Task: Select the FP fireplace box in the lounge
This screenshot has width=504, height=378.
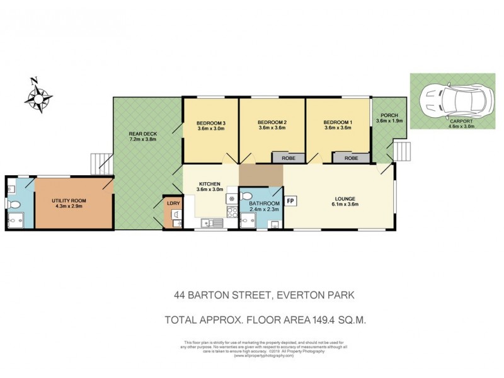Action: tap(291, 201)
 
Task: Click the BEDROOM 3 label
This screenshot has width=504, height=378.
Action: tap(211, 122)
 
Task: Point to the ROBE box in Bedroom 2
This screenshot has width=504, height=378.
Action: tap(288, 158)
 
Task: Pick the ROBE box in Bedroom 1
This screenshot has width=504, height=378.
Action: tap(351, 158)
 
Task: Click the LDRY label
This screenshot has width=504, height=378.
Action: tap(173, 203)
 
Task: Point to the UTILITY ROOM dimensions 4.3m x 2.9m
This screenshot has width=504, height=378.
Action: tap(69, 207)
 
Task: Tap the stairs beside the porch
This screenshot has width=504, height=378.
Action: tap(401, 152)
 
